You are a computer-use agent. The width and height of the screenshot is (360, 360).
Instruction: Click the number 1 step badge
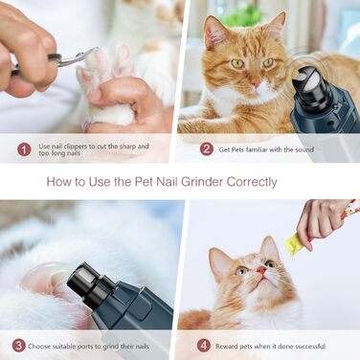[24, 149]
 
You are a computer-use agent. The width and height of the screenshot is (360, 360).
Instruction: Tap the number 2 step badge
[207, 149]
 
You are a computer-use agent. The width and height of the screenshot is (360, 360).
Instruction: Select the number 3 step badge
[19, 346]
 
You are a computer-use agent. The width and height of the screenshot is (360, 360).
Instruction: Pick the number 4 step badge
[204, 346]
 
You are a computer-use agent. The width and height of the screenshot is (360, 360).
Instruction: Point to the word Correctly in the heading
[252, 183]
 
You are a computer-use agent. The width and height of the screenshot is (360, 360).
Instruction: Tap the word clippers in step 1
[76, 146]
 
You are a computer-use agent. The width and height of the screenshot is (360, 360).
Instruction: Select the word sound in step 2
[304, 149]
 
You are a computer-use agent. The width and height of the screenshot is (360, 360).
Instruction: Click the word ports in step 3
[92, 347]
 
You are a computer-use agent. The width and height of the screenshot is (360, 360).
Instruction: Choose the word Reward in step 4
[226, 347]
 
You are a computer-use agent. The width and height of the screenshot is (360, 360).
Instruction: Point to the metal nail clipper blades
[79, 56]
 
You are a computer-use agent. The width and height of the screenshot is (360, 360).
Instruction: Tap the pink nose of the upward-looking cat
[261, 270]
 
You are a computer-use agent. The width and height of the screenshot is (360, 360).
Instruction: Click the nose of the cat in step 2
[256, 83]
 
